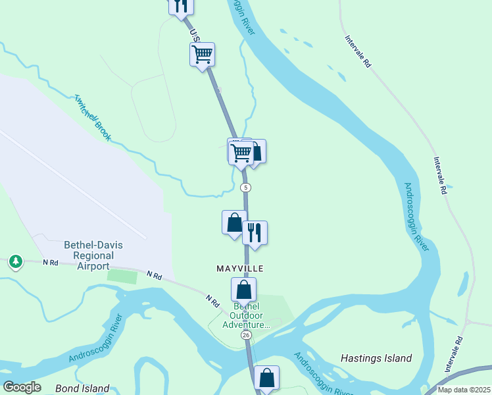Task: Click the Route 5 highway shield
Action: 245,188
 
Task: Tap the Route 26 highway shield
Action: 246,335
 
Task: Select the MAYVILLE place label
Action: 240,269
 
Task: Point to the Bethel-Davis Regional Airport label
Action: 93,255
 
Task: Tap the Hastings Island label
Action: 376,359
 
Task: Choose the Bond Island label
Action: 82,388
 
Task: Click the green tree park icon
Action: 15,261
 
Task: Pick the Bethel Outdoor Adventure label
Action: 246,315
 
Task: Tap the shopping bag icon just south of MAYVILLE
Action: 243,289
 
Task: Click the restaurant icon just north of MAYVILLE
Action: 255,232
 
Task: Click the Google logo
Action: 22,387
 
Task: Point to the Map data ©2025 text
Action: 463,390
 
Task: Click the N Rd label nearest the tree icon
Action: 51,263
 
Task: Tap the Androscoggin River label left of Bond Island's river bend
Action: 95,340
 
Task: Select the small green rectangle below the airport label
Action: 122,276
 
